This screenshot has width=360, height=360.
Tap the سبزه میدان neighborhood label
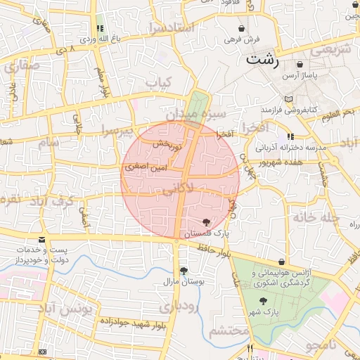point(196,114)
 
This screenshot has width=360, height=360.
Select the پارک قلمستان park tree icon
point(205,222)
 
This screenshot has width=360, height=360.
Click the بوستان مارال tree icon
point(184,271)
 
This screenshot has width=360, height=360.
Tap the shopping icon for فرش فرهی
point(243,29)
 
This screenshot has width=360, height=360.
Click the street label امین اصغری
point(146,169)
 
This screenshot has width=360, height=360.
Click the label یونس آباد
point(65,310)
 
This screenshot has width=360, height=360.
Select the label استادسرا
point(171,28)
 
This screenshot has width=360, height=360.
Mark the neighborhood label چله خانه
point(317,217)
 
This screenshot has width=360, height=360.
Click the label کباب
point(158,82)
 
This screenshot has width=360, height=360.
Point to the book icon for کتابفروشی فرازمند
point(288,99)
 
